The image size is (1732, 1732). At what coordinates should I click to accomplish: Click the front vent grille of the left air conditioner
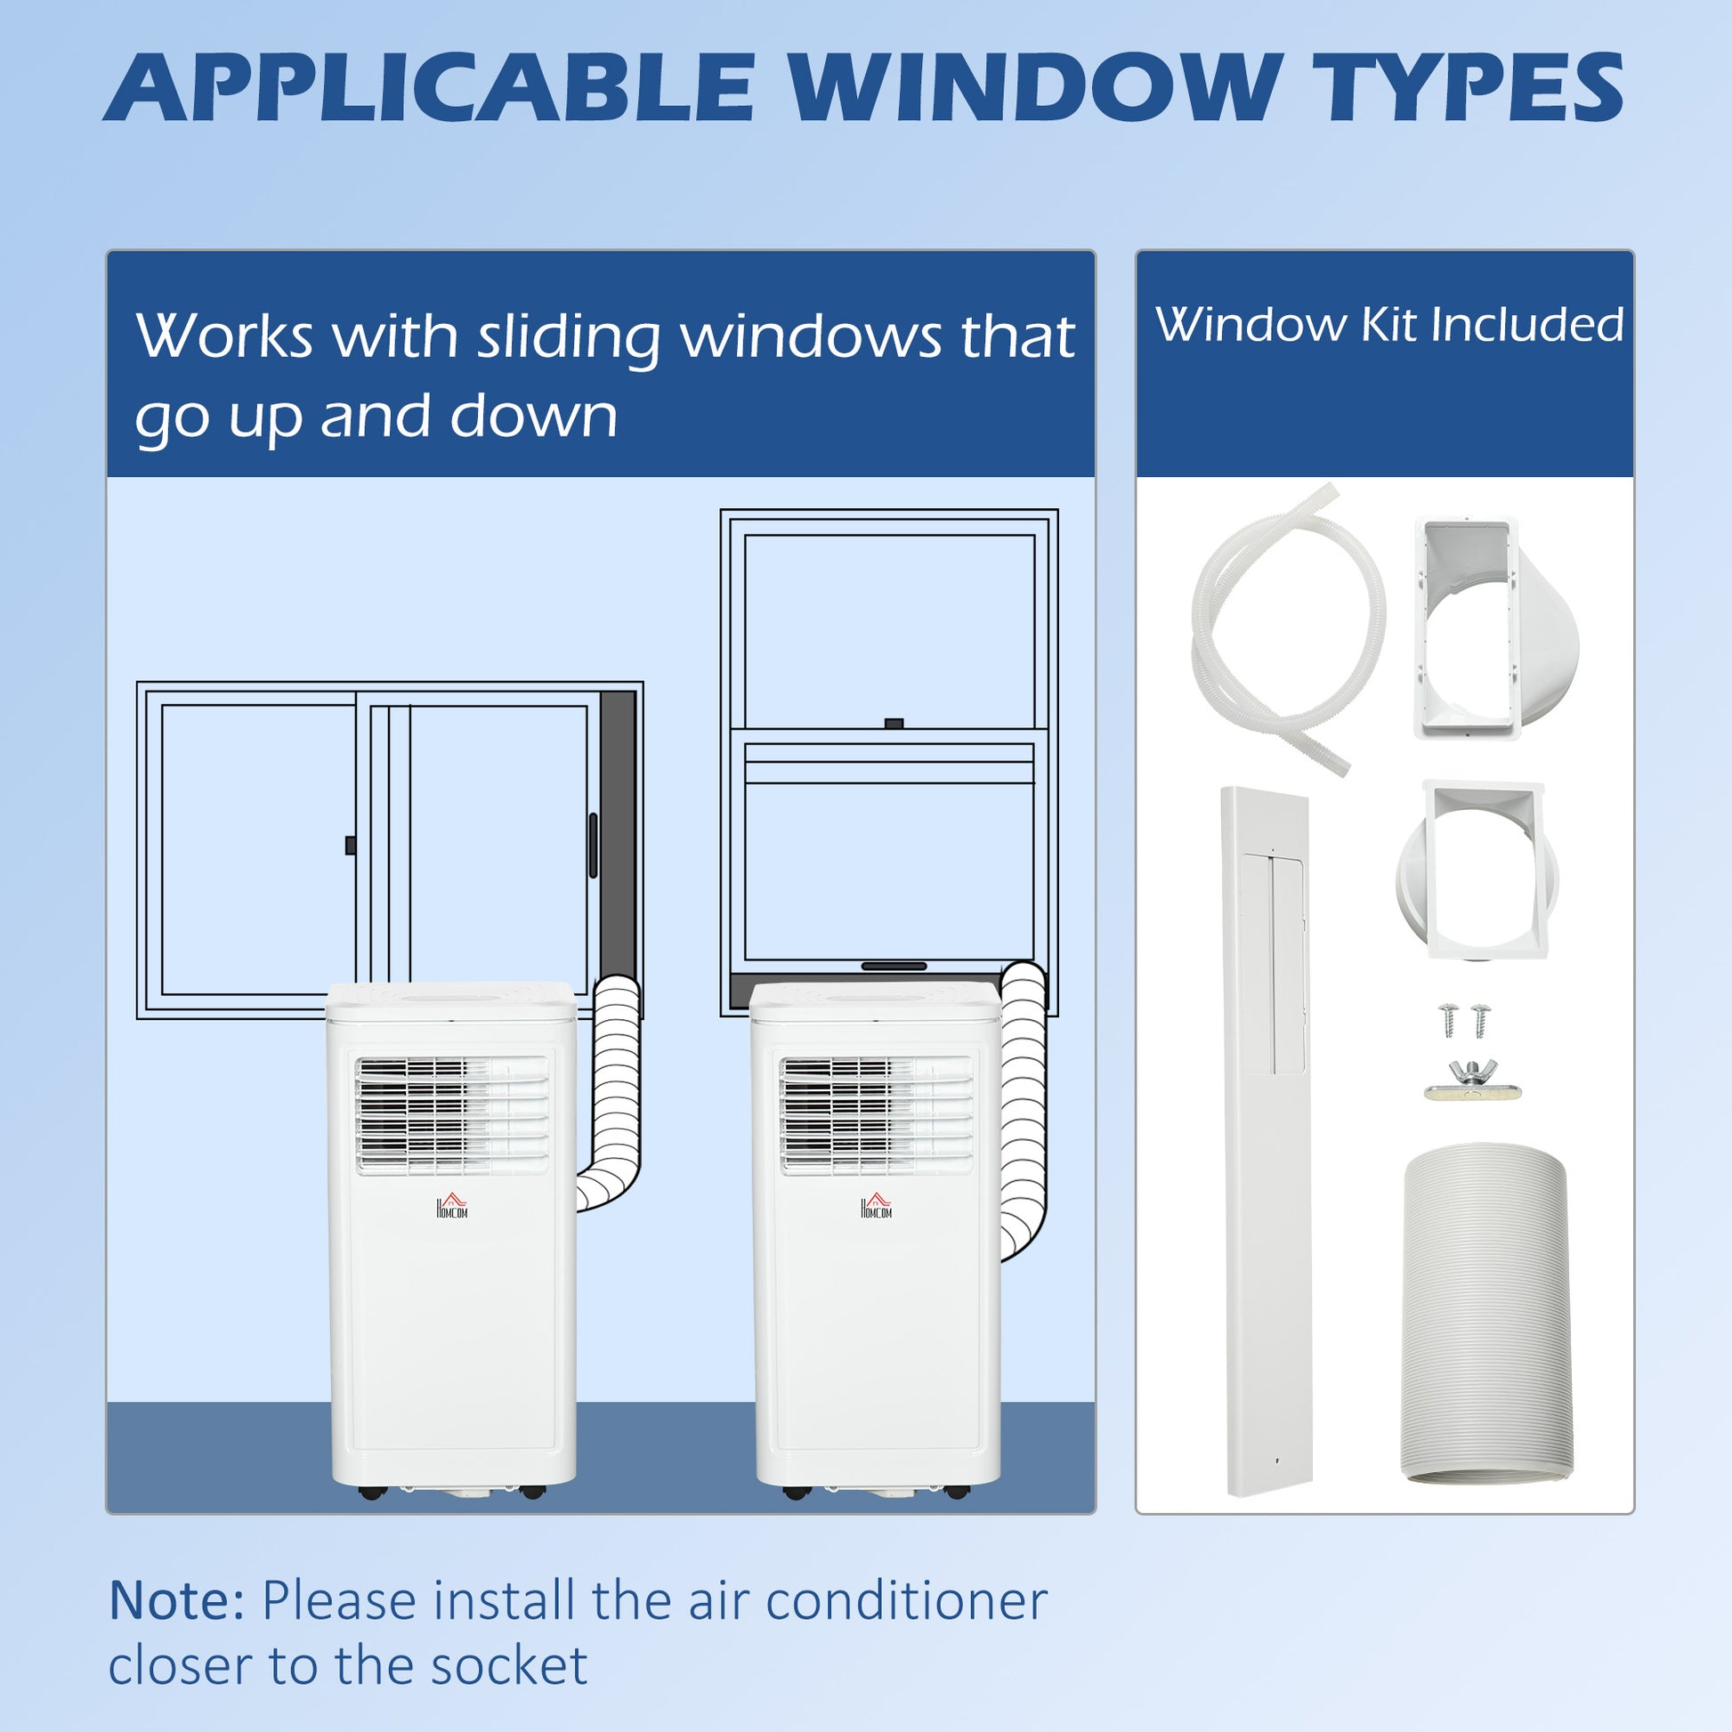(x=452, y=1114)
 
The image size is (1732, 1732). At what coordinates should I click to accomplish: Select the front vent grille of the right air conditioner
(x=876, y=1114)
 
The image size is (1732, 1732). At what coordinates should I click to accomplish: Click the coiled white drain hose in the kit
(x=1287, y=627)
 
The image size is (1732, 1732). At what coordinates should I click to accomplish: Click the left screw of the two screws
(x=1448, y=1020)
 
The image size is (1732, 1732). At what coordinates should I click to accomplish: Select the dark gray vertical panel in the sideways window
(x=617, y=834)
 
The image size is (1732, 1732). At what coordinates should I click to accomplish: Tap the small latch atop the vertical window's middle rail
(x=893, y=723)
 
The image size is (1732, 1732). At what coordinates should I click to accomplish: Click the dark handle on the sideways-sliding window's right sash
(x=593, y=845)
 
